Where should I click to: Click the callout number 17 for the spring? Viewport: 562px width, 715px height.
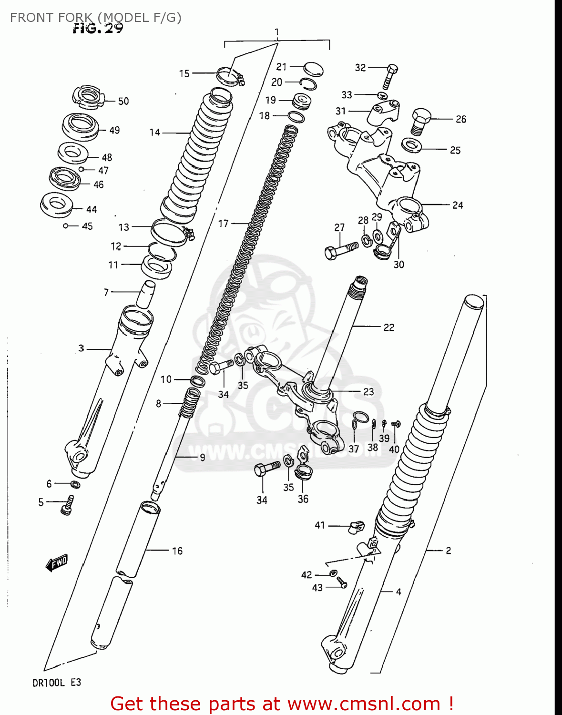point(224,223)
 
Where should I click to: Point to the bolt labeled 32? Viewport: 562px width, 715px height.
point(389,76)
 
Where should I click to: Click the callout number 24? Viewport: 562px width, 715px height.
point(457,205)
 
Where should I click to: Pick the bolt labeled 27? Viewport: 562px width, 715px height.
point(340,250)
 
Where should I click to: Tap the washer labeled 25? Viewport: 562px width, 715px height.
point(411,145)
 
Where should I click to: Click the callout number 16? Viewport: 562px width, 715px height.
point(177,551)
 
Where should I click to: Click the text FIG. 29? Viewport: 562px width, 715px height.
point(98,29)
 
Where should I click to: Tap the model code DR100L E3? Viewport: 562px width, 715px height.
point(57,683)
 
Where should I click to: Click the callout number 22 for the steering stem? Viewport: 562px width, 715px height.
point(388,327)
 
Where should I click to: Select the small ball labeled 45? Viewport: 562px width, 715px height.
point(66,226)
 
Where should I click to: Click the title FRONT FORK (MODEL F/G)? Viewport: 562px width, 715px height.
point(95,18)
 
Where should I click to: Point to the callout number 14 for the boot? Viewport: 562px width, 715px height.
point(155,133)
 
